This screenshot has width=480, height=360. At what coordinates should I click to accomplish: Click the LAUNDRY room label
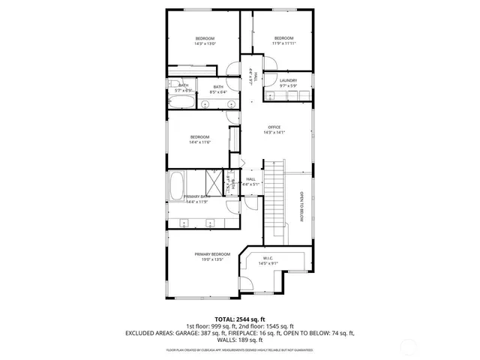point(288,81)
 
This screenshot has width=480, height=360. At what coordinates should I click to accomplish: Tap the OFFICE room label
point(274,127)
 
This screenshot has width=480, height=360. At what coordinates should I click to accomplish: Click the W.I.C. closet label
point(268,257)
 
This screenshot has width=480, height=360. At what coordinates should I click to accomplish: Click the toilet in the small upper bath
point(173,85)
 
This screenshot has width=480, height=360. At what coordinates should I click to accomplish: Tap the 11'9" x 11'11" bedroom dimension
point(283,43)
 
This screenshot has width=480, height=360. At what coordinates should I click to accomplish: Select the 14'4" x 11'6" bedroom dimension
point(199,142)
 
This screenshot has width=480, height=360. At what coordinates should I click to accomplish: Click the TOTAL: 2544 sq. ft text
point(240,319)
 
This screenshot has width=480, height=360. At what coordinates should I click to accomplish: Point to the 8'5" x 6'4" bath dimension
point(217,91)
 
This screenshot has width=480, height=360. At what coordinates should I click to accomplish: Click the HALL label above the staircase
point(250,179)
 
